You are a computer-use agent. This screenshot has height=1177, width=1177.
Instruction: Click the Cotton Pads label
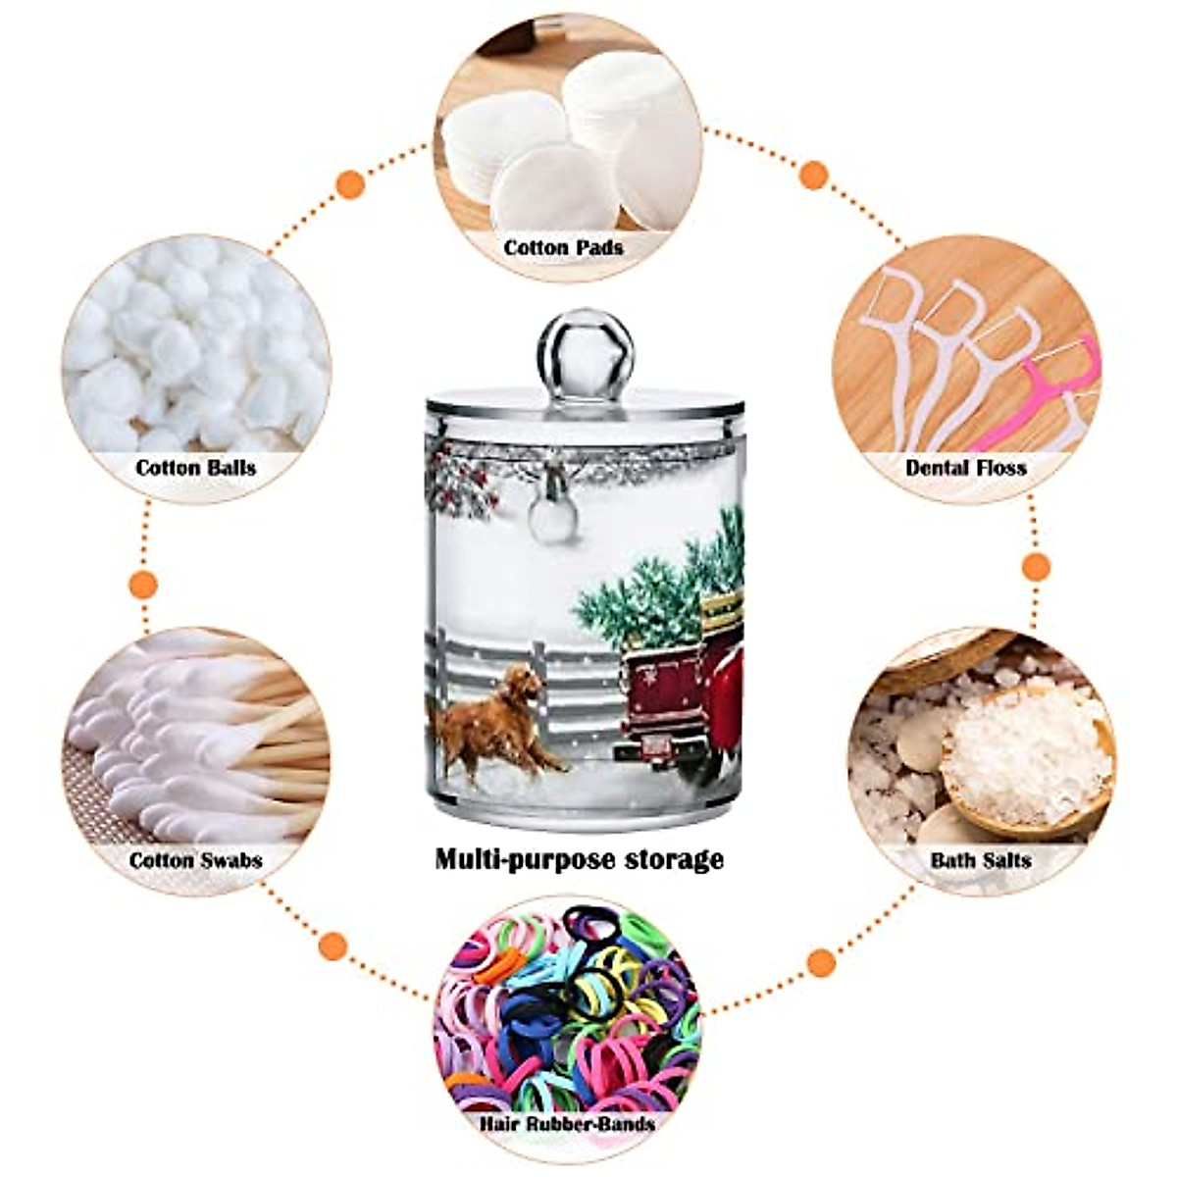point(563,248)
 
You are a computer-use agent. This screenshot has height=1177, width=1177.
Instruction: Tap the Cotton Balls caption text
point(195,467)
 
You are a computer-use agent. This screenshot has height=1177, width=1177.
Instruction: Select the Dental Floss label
point(965,468)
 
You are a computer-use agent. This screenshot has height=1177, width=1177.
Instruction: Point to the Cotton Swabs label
point(195,860)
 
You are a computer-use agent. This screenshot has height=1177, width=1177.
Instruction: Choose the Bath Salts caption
point(980,860)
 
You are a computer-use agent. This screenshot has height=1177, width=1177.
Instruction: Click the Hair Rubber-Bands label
point(568,1123)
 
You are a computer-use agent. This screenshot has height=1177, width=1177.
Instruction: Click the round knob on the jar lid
point(586,354)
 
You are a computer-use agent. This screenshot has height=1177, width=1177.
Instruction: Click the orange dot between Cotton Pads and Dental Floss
point(813,176)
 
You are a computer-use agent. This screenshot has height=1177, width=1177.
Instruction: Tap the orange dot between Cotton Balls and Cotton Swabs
point(144,586)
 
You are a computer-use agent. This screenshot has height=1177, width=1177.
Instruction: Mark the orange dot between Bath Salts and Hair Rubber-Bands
point(822,962)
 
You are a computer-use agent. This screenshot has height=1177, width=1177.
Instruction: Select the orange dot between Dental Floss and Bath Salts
point(1036,567)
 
